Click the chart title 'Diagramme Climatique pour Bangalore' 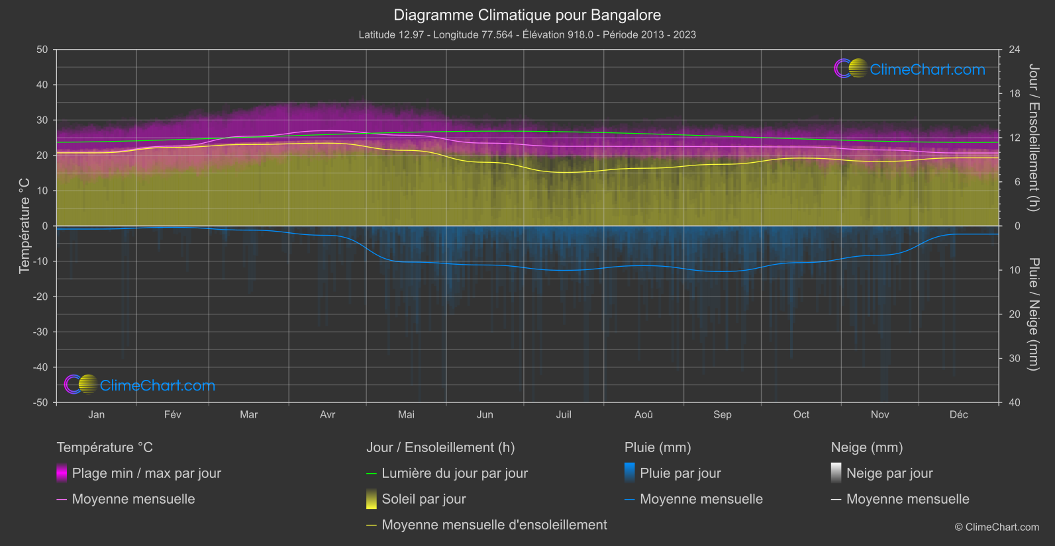pos(527,15)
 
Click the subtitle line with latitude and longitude pos(527,34)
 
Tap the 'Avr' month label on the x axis pos(327,414)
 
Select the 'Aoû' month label pos(643,414)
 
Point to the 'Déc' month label pos(958,414)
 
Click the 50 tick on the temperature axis pos(42,50)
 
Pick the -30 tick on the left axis pos(41,332)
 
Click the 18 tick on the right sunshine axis pos(1015,94)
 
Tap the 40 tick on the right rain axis pos(1015,402)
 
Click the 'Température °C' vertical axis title pos(25,226)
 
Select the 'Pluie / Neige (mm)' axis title pos(1033,314)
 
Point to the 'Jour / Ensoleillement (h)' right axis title pos(1033,138)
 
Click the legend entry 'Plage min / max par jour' pos(146,473)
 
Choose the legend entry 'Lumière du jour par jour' pos(454,473)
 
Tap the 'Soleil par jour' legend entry pos(423,499)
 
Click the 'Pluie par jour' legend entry pos(680,473)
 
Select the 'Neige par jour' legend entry pos(889,473)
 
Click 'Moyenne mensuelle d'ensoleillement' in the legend pos(494,525)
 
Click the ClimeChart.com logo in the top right pos(910,69)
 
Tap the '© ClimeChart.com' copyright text pos(997,527)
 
